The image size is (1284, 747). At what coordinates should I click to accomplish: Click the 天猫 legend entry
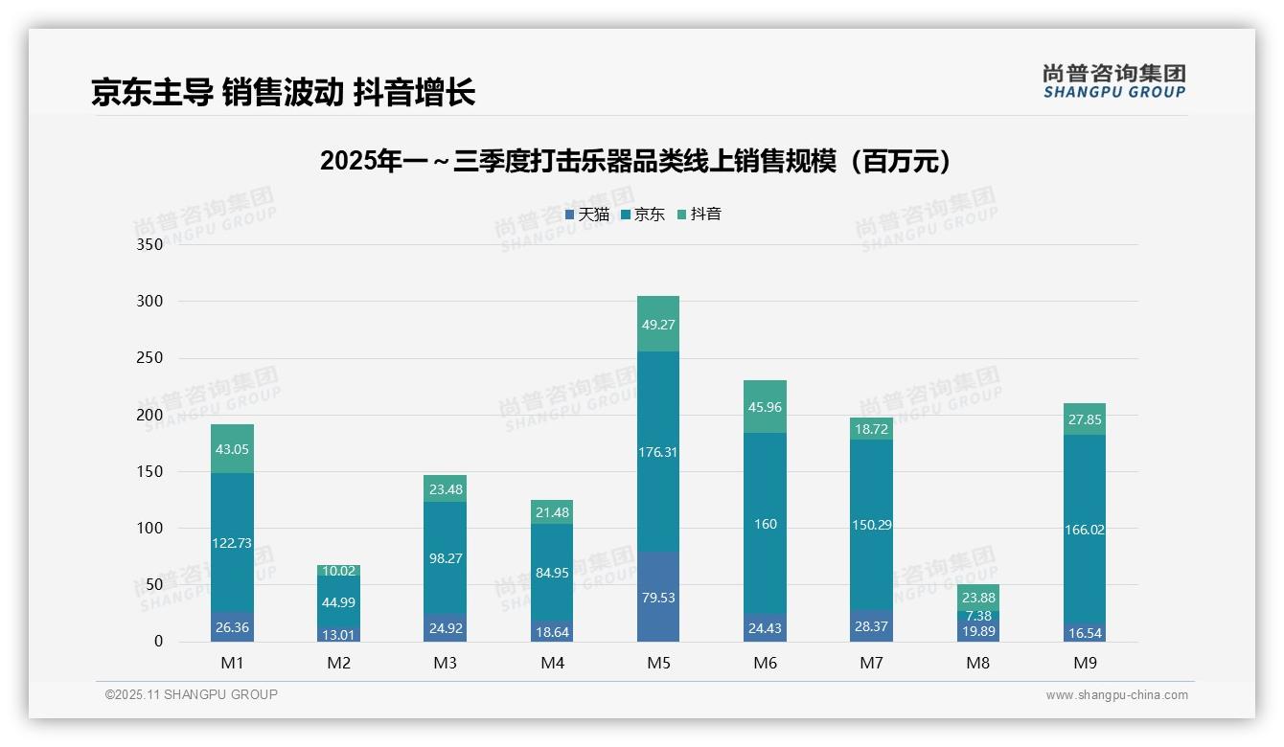[x=587, y=215]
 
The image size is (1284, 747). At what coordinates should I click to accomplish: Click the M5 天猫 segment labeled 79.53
[x=658, y=597]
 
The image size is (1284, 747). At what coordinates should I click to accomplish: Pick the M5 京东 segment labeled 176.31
[x=658, y=452]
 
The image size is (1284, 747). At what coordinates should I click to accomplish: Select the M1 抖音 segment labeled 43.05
[x=232, y=449]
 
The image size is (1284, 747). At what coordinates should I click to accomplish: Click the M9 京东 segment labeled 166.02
[x=1084, y=530]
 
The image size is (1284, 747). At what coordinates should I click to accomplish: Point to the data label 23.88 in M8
[x=977, y=598]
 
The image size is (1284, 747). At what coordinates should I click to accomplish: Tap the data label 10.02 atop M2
[x=338, y=571]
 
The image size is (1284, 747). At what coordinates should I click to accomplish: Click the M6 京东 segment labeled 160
[x=765, y=524]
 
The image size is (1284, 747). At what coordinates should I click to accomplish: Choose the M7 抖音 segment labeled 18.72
[x=871, y=429]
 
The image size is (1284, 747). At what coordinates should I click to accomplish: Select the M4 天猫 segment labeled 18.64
[x=552, y=631]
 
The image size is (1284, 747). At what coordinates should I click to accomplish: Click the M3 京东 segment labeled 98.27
[x=446, y=557]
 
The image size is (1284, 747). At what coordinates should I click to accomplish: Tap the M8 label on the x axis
[x=977, y=663]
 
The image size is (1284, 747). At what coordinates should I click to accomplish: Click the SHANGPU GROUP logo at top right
[x=1113, y=81]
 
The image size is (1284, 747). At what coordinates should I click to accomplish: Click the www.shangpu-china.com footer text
[x=1116, y=695]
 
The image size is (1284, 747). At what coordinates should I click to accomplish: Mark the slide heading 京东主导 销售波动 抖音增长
[x=283, y=92]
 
